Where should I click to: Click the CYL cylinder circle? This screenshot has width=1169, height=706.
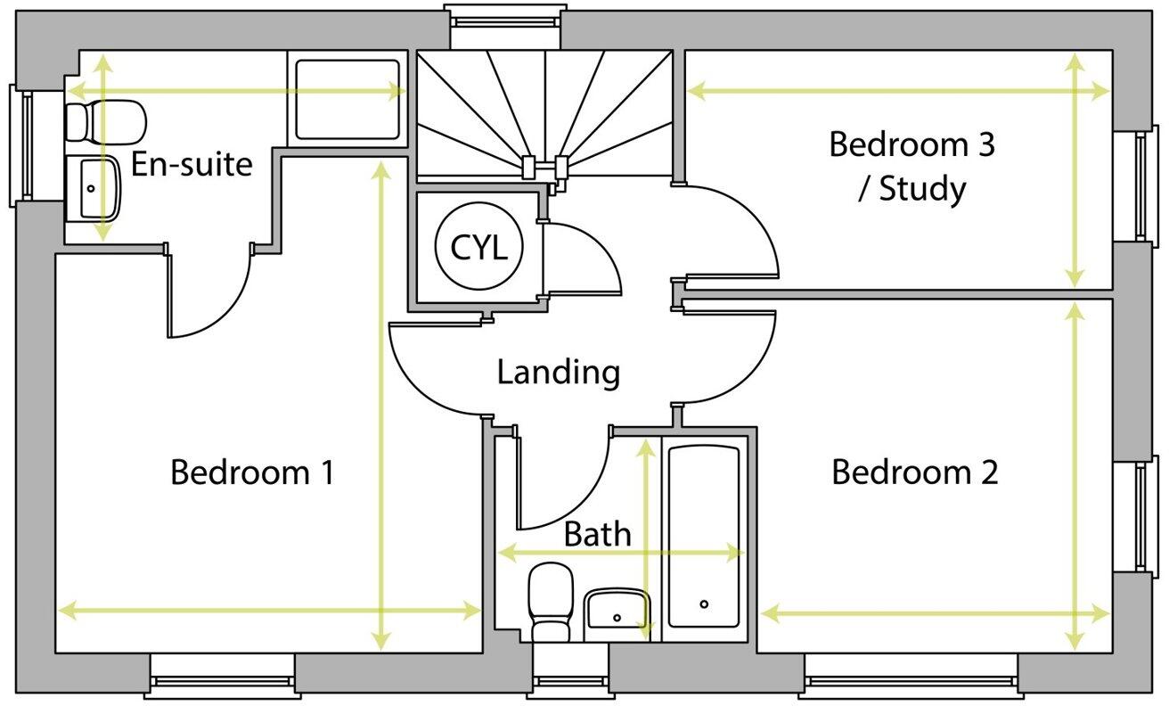pyautogui.click(x=478, y=249)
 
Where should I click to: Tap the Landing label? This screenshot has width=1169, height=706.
pyautogui.click(x=558, y=372)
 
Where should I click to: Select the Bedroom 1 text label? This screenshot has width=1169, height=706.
pyautogui.click(x=252, y=472)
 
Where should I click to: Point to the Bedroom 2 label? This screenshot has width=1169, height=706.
pyautogui.click(x=915, y=472)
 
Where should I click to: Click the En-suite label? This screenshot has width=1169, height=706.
pyautogui.click(x=192, y=164)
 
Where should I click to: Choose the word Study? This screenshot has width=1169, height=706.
pyautogui.click(x=921, y=190)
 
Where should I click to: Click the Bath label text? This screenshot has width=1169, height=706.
pyautogui.click(x=597, y=534)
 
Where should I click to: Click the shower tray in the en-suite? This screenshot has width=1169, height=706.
pyautogui.click(x=347, y=99)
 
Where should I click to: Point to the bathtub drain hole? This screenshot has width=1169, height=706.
pyautogui.click(x=704, y=604)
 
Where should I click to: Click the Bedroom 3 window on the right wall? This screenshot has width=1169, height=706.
pyautogui.click(x=1141, y=185)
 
